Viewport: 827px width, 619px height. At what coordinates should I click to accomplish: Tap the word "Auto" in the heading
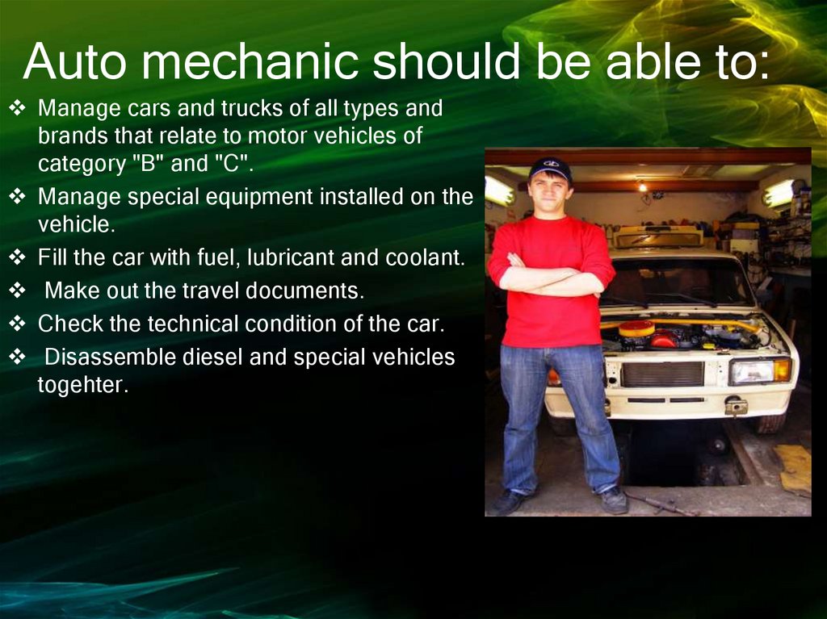click(x=74, y=62)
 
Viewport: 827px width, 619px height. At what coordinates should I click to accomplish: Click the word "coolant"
click(x=426, y=258)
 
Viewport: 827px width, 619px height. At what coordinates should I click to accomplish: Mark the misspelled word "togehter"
click(x=82, y=385)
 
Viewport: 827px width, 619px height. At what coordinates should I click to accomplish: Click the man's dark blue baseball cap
click(x=550, y=168)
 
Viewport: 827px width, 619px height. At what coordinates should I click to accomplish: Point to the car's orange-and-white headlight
click(x=759, y=370)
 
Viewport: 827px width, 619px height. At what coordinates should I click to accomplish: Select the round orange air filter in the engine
click(x=637, y=328)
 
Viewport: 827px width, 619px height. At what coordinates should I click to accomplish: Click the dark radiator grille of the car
click(x=662, y=374)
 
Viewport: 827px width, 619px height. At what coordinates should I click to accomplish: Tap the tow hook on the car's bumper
click(x=736, y=406)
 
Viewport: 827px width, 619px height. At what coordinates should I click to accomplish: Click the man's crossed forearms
click(x=549, y=278)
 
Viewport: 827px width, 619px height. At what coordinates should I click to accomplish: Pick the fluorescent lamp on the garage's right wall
click(x=780, y=192)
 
